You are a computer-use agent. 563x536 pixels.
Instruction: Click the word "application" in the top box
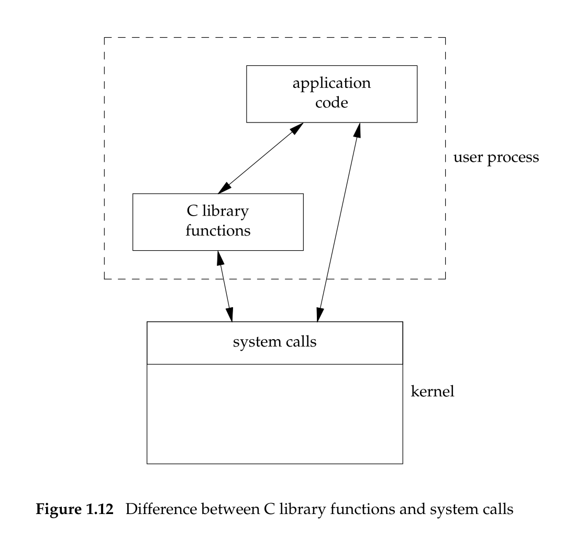pos(332,84)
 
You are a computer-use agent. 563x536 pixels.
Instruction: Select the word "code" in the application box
pos(332,103)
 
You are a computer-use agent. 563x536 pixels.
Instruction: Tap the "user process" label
pos(496,157)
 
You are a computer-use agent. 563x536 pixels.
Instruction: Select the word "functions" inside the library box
pos(218,230)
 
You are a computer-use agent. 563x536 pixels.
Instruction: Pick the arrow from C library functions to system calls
pos(225,286)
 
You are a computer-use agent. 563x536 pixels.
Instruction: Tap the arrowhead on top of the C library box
pos(222,188)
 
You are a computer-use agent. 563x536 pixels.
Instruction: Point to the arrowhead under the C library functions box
pos(218,256)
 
